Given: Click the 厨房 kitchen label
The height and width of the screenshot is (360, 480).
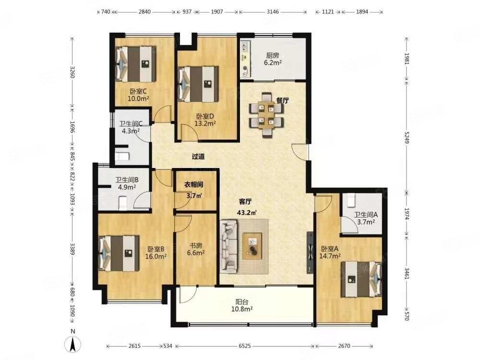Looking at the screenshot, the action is click(x=273, y=55).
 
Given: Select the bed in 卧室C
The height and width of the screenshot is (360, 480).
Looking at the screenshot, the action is click(x=135, y=64).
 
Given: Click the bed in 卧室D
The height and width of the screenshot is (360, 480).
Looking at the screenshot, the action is click(x=198, y=84).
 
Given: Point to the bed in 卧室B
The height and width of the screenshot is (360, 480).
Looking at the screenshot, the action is click(x=119, y=253).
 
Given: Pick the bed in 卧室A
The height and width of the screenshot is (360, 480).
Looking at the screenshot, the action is click(x=361, y=279).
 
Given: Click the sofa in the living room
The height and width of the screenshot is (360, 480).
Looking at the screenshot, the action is click(x=229, y=247).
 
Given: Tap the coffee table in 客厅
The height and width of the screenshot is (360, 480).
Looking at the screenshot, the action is click(x=252, y=246).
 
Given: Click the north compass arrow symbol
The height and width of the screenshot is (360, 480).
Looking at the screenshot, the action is click(x=73, y=345).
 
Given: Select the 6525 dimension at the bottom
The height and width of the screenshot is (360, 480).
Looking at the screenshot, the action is click(x=245, y=346).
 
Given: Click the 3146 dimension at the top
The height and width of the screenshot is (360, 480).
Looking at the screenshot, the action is click(x=273, y=12).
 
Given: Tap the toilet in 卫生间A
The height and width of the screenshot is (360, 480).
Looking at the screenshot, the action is click(x=351, y=201).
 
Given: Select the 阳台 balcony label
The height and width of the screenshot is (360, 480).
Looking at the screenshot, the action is click(x=241, y=302).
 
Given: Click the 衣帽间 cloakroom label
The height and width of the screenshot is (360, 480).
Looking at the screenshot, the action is click(x=193, y=185).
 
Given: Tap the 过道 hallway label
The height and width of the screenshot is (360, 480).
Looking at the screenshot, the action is click(x=198, y=156).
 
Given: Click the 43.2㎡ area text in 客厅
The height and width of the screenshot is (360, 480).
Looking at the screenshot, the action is click(x=247, y=213).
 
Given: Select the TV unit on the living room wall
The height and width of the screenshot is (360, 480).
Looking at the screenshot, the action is click(x=310, y=252).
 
